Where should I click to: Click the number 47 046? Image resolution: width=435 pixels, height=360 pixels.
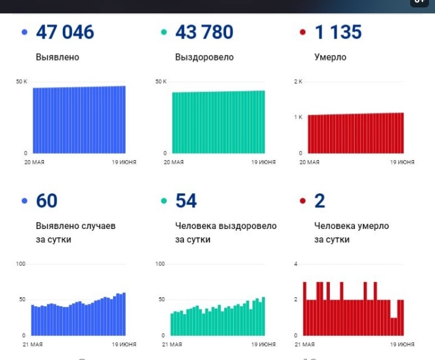65,32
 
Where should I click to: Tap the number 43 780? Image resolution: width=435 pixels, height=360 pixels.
204,32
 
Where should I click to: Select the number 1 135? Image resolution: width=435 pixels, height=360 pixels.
338,32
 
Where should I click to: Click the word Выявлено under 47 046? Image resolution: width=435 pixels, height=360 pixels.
57,57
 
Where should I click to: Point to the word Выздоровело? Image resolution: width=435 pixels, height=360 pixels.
204,57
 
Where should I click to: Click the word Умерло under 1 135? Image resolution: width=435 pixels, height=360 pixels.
330,57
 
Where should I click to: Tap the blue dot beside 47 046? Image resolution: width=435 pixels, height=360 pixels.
25,33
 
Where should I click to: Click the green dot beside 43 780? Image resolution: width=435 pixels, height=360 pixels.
164,33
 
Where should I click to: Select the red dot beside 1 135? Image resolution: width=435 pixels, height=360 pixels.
303,33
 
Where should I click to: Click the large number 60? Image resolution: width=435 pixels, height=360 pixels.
47,201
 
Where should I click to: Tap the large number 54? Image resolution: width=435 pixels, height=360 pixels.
186,201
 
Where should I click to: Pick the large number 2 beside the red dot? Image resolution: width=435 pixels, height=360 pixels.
320,201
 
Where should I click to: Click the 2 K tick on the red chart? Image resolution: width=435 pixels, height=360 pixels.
298,81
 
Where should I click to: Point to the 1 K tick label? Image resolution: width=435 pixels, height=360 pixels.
298,117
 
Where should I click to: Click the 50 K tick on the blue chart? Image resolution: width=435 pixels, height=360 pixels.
21,81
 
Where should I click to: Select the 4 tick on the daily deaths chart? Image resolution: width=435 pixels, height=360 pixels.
296,264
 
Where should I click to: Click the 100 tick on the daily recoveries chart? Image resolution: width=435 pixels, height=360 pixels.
160,264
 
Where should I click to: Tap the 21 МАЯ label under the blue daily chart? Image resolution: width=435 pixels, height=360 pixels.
32,344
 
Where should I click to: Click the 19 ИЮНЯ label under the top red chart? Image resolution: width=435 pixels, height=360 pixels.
402,162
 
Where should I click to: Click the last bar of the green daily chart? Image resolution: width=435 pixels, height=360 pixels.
263,316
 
